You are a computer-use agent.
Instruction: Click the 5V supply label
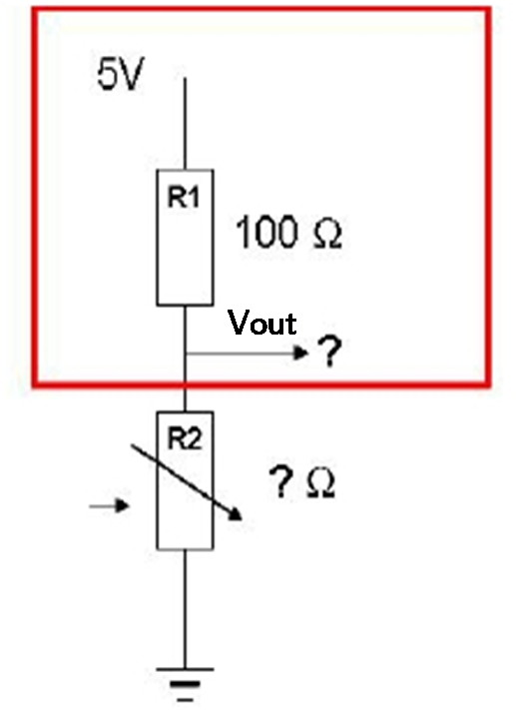120,75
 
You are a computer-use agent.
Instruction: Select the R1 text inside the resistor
184,197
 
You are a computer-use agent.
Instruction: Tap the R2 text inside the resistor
185,438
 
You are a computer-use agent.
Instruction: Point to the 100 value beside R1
266,232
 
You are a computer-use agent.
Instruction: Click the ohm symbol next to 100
326,235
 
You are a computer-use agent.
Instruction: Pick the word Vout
262,323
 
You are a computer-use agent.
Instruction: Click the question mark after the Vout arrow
329,352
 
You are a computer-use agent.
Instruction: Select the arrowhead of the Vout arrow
301,352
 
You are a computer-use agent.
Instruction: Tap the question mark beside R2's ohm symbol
280,482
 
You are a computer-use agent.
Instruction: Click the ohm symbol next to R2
320,483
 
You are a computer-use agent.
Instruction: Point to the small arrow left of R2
110,505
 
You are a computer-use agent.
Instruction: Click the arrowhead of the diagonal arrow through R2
236,514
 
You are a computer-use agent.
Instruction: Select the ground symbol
185,684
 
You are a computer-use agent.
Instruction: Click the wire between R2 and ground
185,609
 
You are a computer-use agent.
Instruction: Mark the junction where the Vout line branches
185,353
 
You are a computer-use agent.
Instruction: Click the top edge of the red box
261,9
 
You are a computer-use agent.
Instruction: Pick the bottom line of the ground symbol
185,700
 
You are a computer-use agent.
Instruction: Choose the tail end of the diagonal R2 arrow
132,446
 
